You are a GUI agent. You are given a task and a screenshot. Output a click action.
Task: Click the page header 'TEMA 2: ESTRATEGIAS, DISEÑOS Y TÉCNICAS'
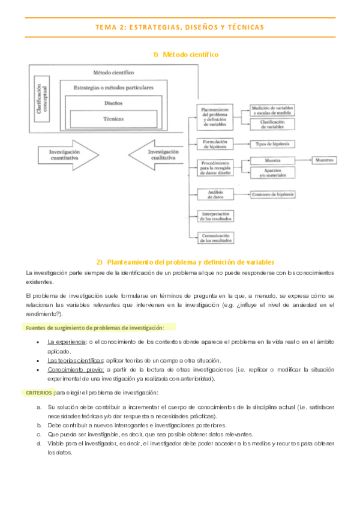pos(179,27)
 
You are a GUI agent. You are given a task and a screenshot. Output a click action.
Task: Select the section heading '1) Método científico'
pos(185,55)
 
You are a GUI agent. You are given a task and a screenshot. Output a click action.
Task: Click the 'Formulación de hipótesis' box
pos(215,144)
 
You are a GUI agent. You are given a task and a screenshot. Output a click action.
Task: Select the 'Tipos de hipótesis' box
pos(272,144)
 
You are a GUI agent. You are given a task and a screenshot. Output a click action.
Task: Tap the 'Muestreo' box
pos(324,160)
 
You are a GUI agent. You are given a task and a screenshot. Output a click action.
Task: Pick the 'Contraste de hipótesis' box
pos(273,194)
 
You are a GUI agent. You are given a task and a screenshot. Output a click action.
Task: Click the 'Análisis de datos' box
pos(215,194)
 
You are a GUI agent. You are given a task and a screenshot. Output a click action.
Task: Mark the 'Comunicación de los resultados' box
pos(215,237)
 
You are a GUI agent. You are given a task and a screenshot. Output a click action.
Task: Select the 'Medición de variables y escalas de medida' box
pos(272,110)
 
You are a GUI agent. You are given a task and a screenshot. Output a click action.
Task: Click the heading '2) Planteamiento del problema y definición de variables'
pos(185,262)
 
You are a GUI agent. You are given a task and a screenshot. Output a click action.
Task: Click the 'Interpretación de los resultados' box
pos(215,215)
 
